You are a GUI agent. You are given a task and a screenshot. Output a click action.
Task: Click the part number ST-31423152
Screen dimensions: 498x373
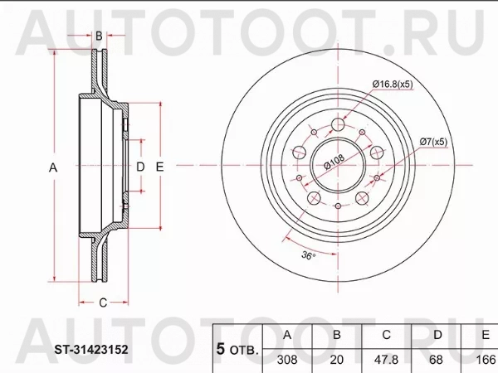pos(91,350)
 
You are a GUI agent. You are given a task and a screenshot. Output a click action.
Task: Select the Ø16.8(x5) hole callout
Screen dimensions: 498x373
pos(393,84)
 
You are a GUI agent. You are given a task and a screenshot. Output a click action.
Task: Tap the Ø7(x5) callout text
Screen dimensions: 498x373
pos(433,142)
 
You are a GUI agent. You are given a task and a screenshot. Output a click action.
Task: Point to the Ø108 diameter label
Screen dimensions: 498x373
pos(334,162)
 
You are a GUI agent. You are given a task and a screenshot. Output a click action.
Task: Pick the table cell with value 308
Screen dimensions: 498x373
pos(287,360)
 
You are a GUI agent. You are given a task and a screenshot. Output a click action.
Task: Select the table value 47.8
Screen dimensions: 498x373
pos(386,360)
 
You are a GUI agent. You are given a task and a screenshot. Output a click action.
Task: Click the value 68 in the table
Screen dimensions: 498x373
pos(436,360)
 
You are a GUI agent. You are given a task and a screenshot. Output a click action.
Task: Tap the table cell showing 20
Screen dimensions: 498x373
pos(337,360)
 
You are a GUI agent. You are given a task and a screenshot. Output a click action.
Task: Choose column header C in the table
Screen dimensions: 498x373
pos(386,335)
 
